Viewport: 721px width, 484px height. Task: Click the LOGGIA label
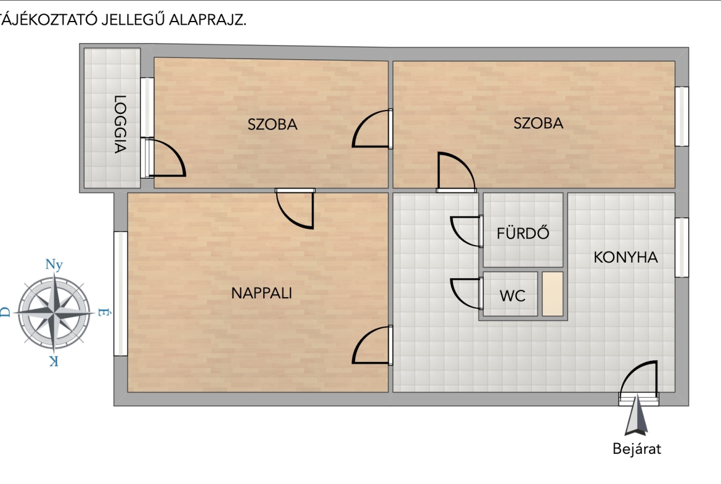point(120,124)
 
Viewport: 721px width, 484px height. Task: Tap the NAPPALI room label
point(262,293)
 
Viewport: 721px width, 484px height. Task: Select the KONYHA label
point(625,257)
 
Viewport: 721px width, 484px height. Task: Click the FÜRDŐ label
point(523,233)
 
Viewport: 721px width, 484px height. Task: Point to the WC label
point(512,296)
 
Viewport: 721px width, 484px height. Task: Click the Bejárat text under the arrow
point(637,449)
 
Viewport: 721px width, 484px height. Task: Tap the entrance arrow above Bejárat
point(637,416)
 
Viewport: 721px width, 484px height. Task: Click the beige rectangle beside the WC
point(553,294)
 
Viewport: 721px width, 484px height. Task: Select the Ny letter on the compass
point(54,265)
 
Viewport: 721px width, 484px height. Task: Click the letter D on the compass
point(5,313)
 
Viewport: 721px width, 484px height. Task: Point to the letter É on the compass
point(104,313)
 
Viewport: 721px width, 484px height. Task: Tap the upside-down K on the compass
point(54,361)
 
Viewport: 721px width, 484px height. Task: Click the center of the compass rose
point(54,313)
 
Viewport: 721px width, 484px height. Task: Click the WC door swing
point(466,293)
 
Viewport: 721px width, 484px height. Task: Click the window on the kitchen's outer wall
point(682,247)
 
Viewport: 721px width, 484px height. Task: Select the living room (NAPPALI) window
point(120,293)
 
